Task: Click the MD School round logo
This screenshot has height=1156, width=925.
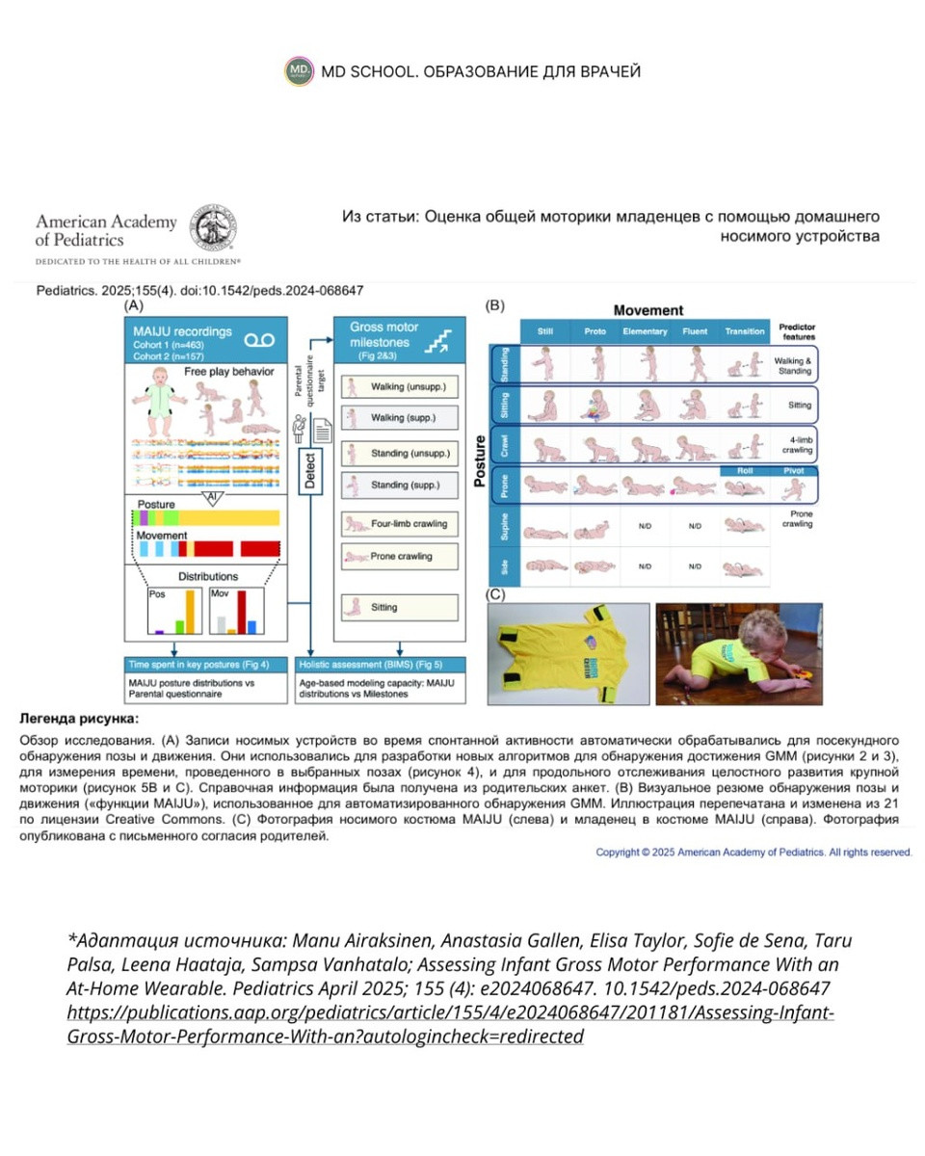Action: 300,71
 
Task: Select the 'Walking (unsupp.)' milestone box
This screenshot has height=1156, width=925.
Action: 399,387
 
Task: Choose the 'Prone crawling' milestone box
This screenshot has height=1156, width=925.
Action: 399,557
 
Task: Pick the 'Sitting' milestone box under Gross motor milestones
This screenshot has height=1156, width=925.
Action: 399,608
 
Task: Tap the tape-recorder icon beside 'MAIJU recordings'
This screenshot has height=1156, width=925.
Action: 259,339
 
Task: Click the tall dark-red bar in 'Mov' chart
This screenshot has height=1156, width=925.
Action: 242,611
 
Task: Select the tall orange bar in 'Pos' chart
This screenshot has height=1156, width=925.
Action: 190,611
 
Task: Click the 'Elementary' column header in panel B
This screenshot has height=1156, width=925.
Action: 645,332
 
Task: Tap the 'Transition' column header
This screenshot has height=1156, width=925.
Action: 745,332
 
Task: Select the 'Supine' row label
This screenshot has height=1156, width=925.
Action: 503,527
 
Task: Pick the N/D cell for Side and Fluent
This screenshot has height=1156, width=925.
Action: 695,567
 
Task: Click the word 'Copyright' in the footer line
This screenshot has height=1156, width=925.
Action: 622,853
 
